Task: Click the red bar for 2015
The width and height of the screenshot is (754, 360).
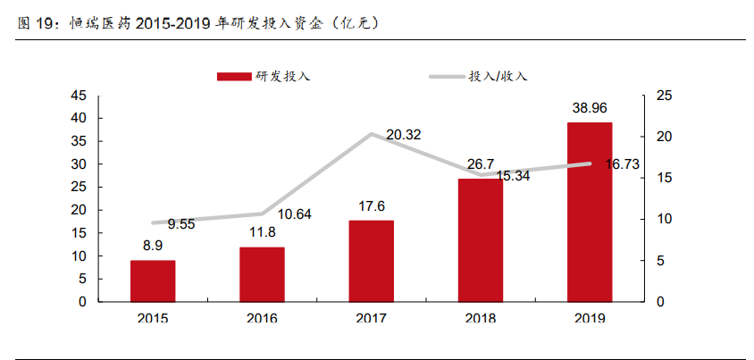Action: point(153,280)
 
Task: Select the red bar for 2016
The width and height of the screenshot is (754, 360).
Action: point(262,274)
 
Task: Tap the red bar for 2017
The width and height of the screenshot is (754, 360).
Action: point(371,261)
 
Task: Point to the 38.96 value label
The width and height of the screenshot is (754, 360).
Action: point(590,108)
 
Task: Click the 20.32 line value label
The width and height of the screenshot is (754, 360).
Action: point(403,135)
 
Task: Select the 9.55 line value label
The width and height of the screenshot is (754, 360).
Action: point(181,223)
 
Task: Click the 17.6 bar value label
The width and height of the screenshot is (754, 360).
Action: point(371,206)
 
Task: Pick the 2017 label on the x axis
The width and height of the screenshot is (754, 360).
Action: point(371,318)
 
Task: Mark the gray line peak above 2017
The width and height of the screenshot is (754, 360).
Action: point(371,134)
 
